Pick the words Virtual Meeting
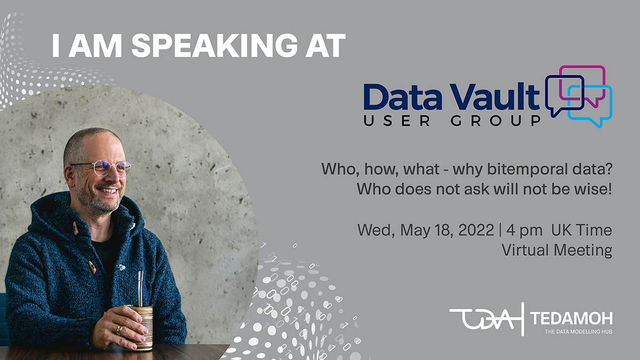557,250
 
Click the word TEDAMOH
571,319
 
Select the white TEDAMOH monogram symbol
484,319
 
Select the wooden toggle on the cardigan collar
76,229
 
